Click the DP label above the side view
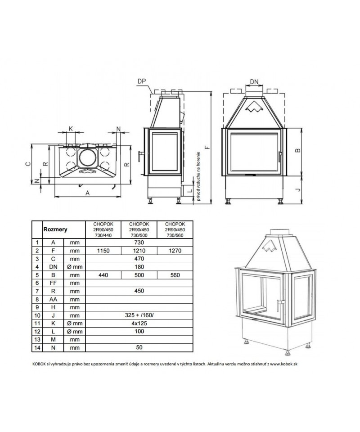click(x=142, y=81)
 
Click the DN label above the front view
click(x=254, y=82)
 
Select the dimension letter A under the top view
click(x=88, y=193)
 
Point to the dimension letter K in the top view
click(x=71, y=128)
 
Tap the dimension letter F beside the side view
click(x=208, y=147)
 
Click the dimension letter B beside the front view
click(x=297, y=150)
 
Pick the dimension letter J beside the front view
click(x=297, y=189)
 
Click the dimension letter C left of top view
click(x=27, y=164)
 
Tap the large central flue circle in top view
click(x=88, y=157)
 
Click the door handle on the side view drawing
click(x=139, y=156)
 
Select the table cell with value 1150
click(x=103, y=251)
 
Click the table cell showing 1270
click(x=175, y=251)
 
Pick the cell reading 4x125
click(x=139, y=324)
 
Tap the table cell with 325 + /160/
click(x=139, y=315)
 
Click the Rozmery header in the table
click(x=55, y=229)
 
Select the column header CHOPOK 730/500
click(x=139, y=230)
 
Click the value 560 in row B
click(x=175, y=275)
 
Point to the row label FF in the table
click(x=53, y=283)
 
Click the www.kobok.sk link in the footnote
click(x=283, y=364)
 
